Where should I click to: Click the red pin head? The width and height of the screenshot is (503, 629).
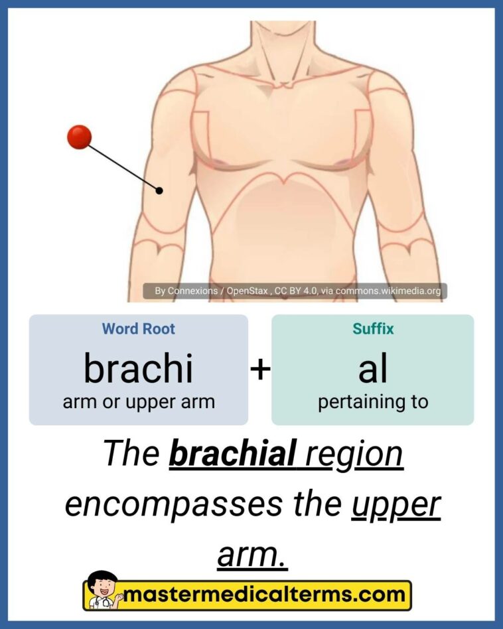click(x=79, y=137)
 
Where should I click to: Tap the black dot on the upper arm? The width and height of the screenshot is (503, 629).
click(x=159, y=191)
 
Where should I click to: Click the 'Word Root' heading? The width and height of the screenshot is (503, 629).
click(x=138, y=328)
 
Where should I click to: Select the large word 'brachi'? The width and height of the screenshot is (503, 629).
click(x=138, y=368)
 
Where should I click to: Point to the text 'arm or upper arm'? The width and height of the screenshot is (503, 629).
click(x=138, y=402)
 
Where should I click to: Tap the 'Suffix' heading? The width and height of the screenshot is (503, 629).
click(x=372, y=328)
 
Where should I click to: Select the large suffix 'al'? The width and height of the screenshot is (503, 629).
click(x=372, y=368)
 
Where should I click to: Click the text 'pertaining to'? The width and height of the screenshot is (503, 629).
click(x=372, y=402)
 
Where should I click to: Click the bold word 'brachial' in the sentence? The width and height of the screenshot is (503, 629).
click(x=232, y=454)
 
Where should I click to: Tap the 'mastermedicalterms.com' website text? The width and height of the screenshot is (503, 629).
click(x=265, y=594)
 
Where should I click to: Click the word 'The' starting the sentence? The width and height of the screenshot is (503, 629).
click(x=131, y=454)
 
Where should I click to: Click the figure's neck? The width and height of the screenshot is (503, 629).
click(x=279, y=46)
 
